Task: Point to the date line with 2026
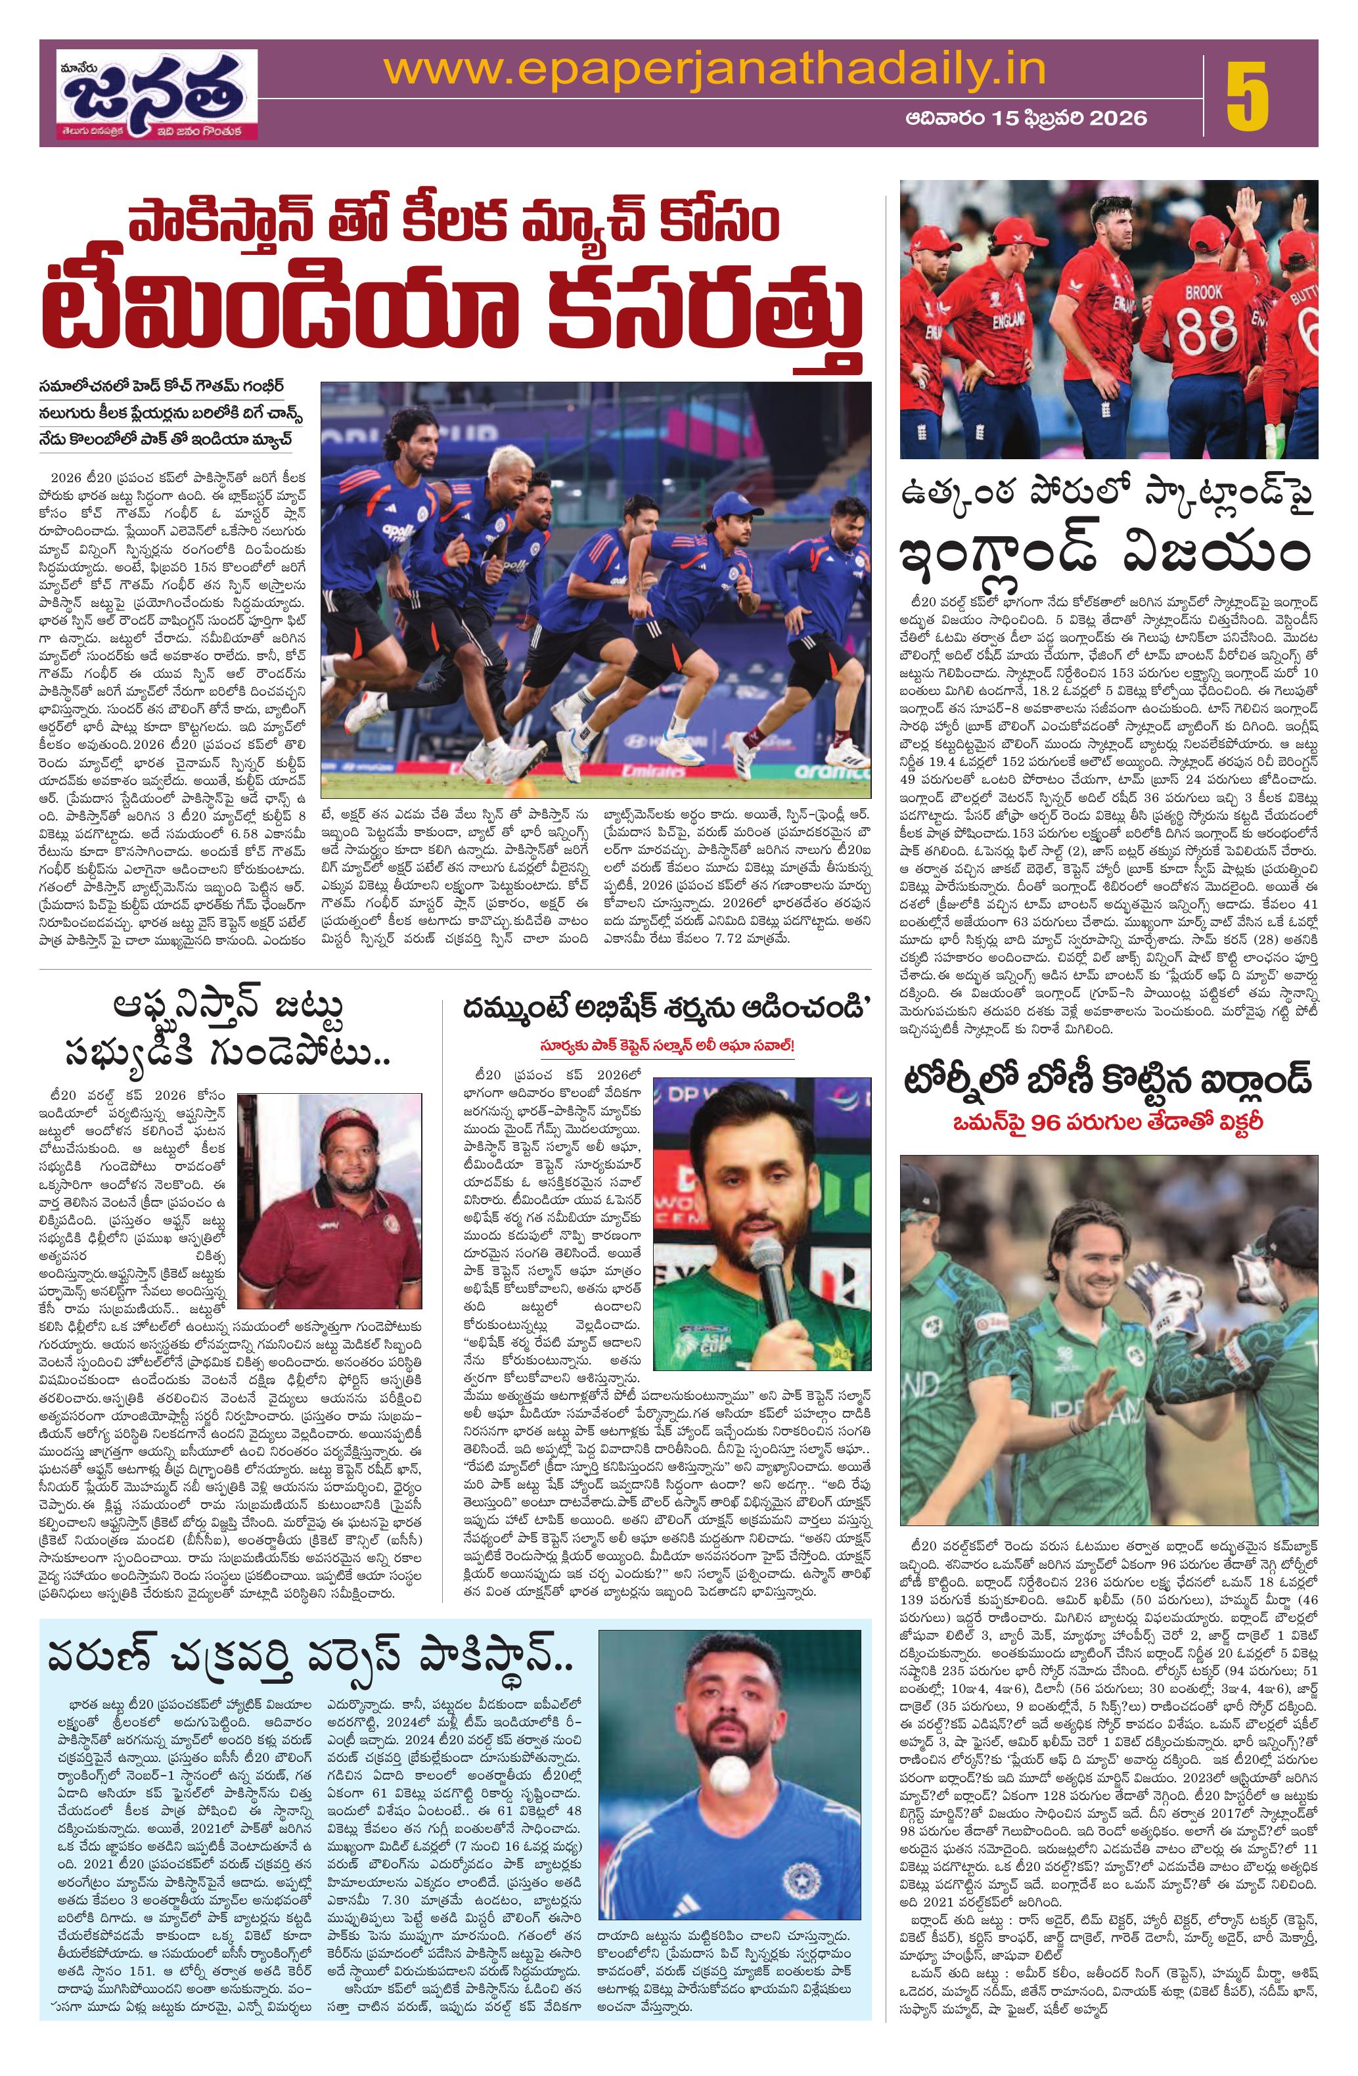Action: [1026, 118]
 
